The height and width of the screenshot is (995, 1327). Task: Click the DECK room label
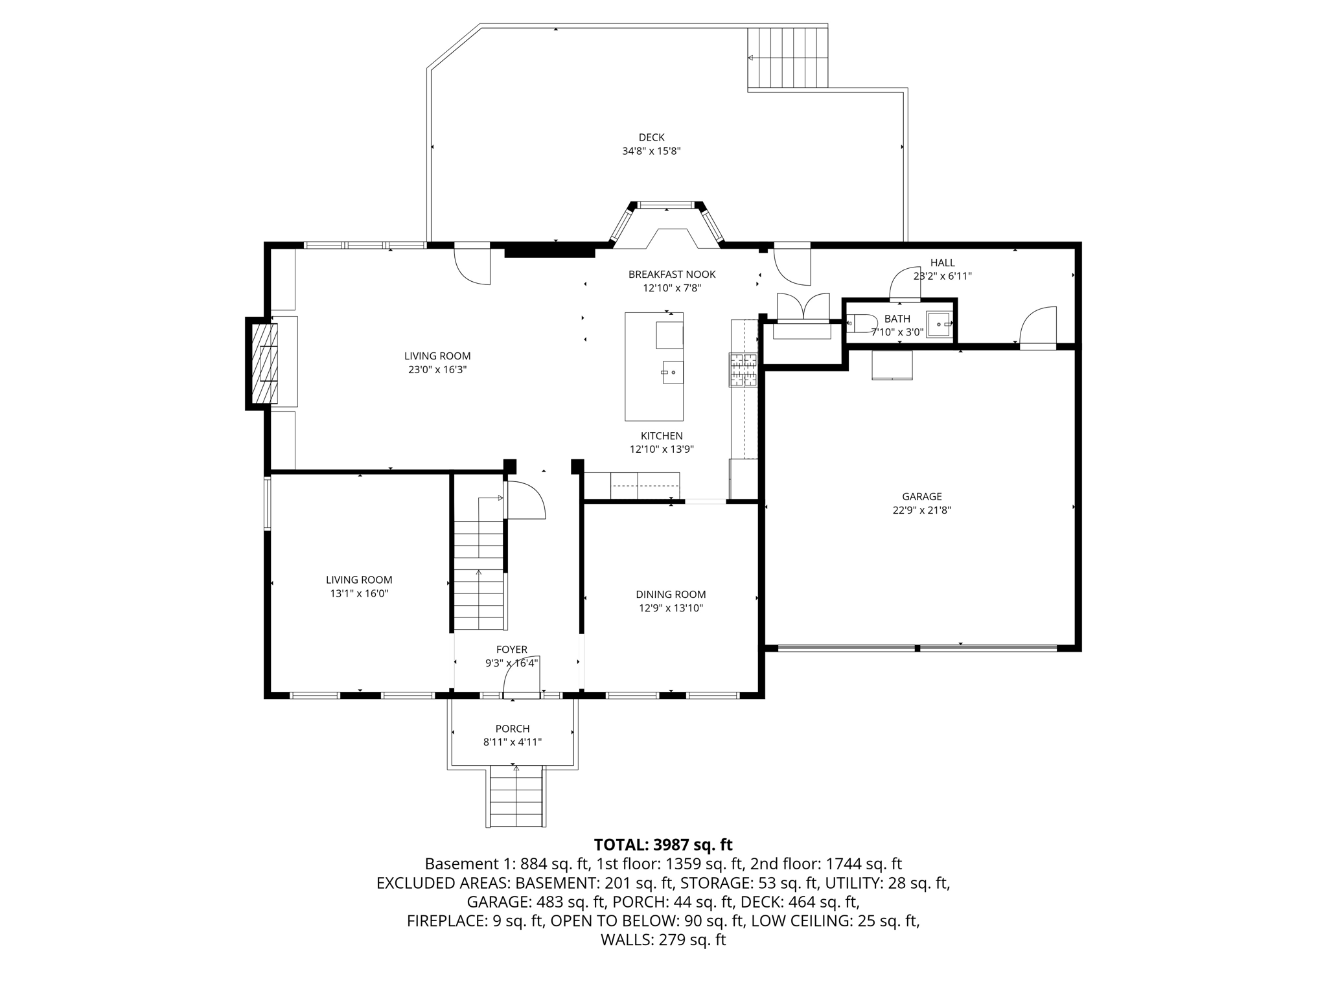pyautogui.click(x=651, y=137)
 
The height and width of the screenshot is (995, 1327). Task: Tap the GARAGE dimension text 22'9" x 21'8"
pyautogui.click(x=921, y=510)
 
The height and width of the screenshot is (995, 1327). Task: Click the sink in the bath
pyautogui.click(x=938, y=324)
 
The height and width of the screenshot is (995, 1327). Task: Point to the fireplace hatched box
pyautogui.click(x=264, y=363)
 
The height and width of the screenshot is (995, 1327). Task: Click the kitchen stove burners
pyautogui.click(x=743, y=370)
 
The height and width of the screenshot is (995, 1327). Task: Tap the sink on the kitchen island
pyautogui.click(x=673, y=372)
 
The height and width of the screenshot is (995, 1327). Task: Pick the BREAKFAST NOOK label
pyautogui.click(x=672, y=275)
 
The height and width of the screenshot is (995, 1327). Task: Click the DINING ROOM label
pyautogui.click(x=671, y=595)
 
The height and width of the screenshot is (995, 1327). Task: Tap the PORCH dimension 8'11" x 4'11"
pyautogui.click(x=512, y=742)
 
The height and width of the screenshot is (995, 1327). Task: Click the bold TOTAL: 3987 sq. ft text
pyautogui.click(x=663, y=845)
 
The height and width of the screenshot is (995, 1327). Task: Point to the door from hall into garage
pyautogui.click(x=1038, y=328)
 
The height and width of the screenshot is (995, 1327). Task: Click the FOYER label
pyautogui.click(x=511, y=650)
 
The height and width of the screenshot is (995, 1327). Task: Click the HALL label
pyautogui.click(x=942, y=262)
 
